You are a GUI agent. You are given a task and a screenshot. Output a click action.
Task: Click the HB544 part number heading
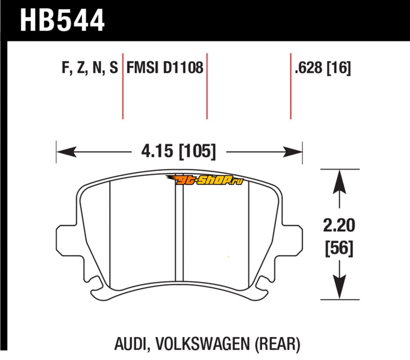click(62, 21)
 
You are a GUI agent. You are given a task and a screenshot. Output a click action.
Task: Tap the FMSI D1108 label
click(165, 68)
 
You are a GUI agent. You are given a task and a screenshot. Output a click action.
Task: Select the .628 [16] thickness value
click(323, 68)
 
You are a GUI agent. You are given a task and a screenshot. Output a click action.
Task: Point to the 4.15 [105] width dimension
click(178, 151)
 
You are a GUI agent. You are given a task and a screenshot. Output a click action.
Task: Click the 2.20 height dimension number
click(339, 226)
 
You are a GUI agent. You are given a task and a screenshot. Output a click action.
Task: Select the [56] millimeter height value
click(339, 248)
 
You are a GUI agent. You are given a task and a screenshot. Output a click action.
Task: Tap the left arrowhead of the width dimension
click(66, 152)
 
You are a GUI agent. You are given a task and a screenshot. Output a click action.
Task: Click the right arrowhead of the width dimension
click(293, 152)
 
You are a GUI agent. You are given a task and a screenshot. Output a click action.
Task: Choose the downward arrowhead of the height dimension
click(339, 287)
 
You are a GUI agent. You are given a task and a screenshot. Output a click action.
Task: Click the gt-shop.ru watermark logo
click(204, 179)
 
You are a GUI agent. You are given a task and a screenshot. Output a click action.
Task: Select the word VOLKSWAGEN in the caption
click(203, 344)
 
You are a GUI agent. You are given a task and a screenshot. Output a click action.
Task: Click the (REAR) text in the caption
click(277, 344)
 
